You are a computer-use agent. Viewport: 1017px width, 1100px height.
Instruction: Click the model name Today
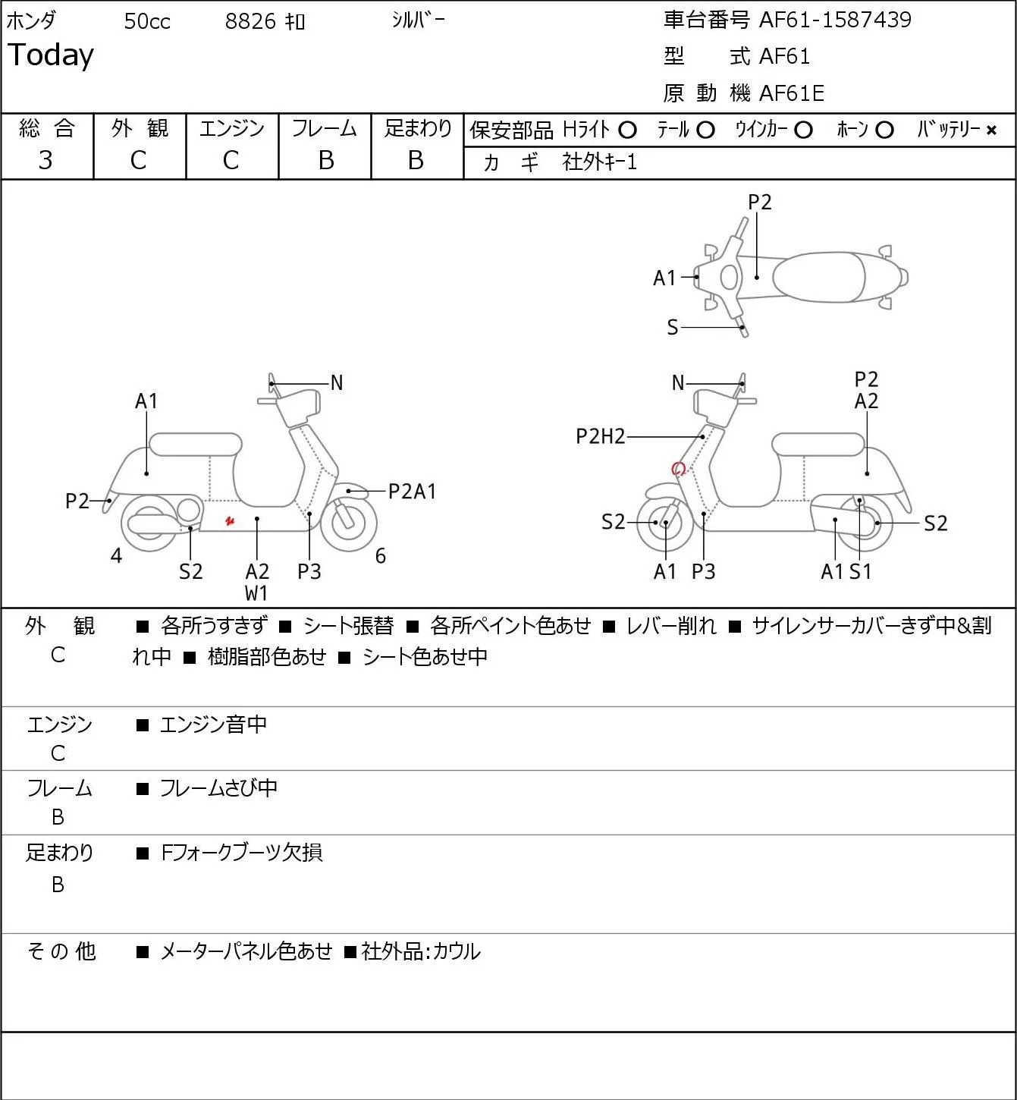[50, 55]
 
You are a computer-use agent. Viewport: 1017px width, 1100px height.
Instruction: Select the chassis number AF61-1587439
[835, 20]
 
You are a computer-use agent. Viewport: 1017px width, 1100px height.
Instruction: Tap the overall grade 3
[46, 161]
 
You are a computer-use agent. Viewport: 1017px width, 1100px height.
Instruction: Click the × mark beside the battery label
[991, 130]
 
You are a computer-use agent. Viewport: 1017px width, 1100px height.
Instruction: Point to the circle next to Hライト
[627, 130]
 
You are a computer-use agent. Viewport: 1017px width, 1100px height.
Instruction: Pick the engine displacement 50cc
[147, 21]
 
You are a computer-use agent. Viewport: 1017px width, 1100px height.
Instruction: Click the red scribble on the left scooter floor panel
[230, 520]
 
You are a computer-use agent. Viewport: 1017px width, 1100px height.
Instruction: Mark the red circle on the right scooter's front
[678, 469]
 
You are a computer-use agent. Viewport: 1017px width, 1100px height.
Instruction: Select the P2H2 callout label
[601, 436]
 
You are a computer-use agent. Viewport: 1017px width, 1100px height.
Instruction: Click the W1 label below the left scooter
[256, 593]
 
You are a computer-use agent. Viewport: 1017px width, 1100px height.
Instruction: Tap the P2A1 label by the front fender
[412, 492]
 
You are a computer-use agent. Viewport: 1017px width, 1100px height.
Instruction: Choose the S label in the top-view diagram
[673, 327]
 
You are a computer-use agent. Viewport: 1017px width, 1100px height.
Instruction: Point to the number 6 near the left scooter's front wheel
[380, 555]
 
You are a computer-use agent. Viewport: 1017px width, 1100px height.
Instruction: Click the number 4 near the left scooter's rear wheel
[116, 555]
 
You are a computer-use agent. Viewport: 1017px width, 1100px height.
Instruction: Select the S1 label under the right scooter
[860, 571]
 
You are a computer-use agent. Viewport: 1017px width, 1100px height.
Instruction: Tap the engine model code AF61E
[792, 93]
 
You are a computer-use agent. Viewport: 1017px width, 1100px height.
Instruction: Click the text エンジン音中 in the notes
[213, 724]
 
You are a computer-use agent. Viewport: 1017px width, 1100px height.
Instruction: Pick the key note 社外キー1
[599, 162]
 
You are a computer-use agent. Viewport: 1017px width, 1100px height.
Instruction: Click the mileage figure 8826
[250, 21]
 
